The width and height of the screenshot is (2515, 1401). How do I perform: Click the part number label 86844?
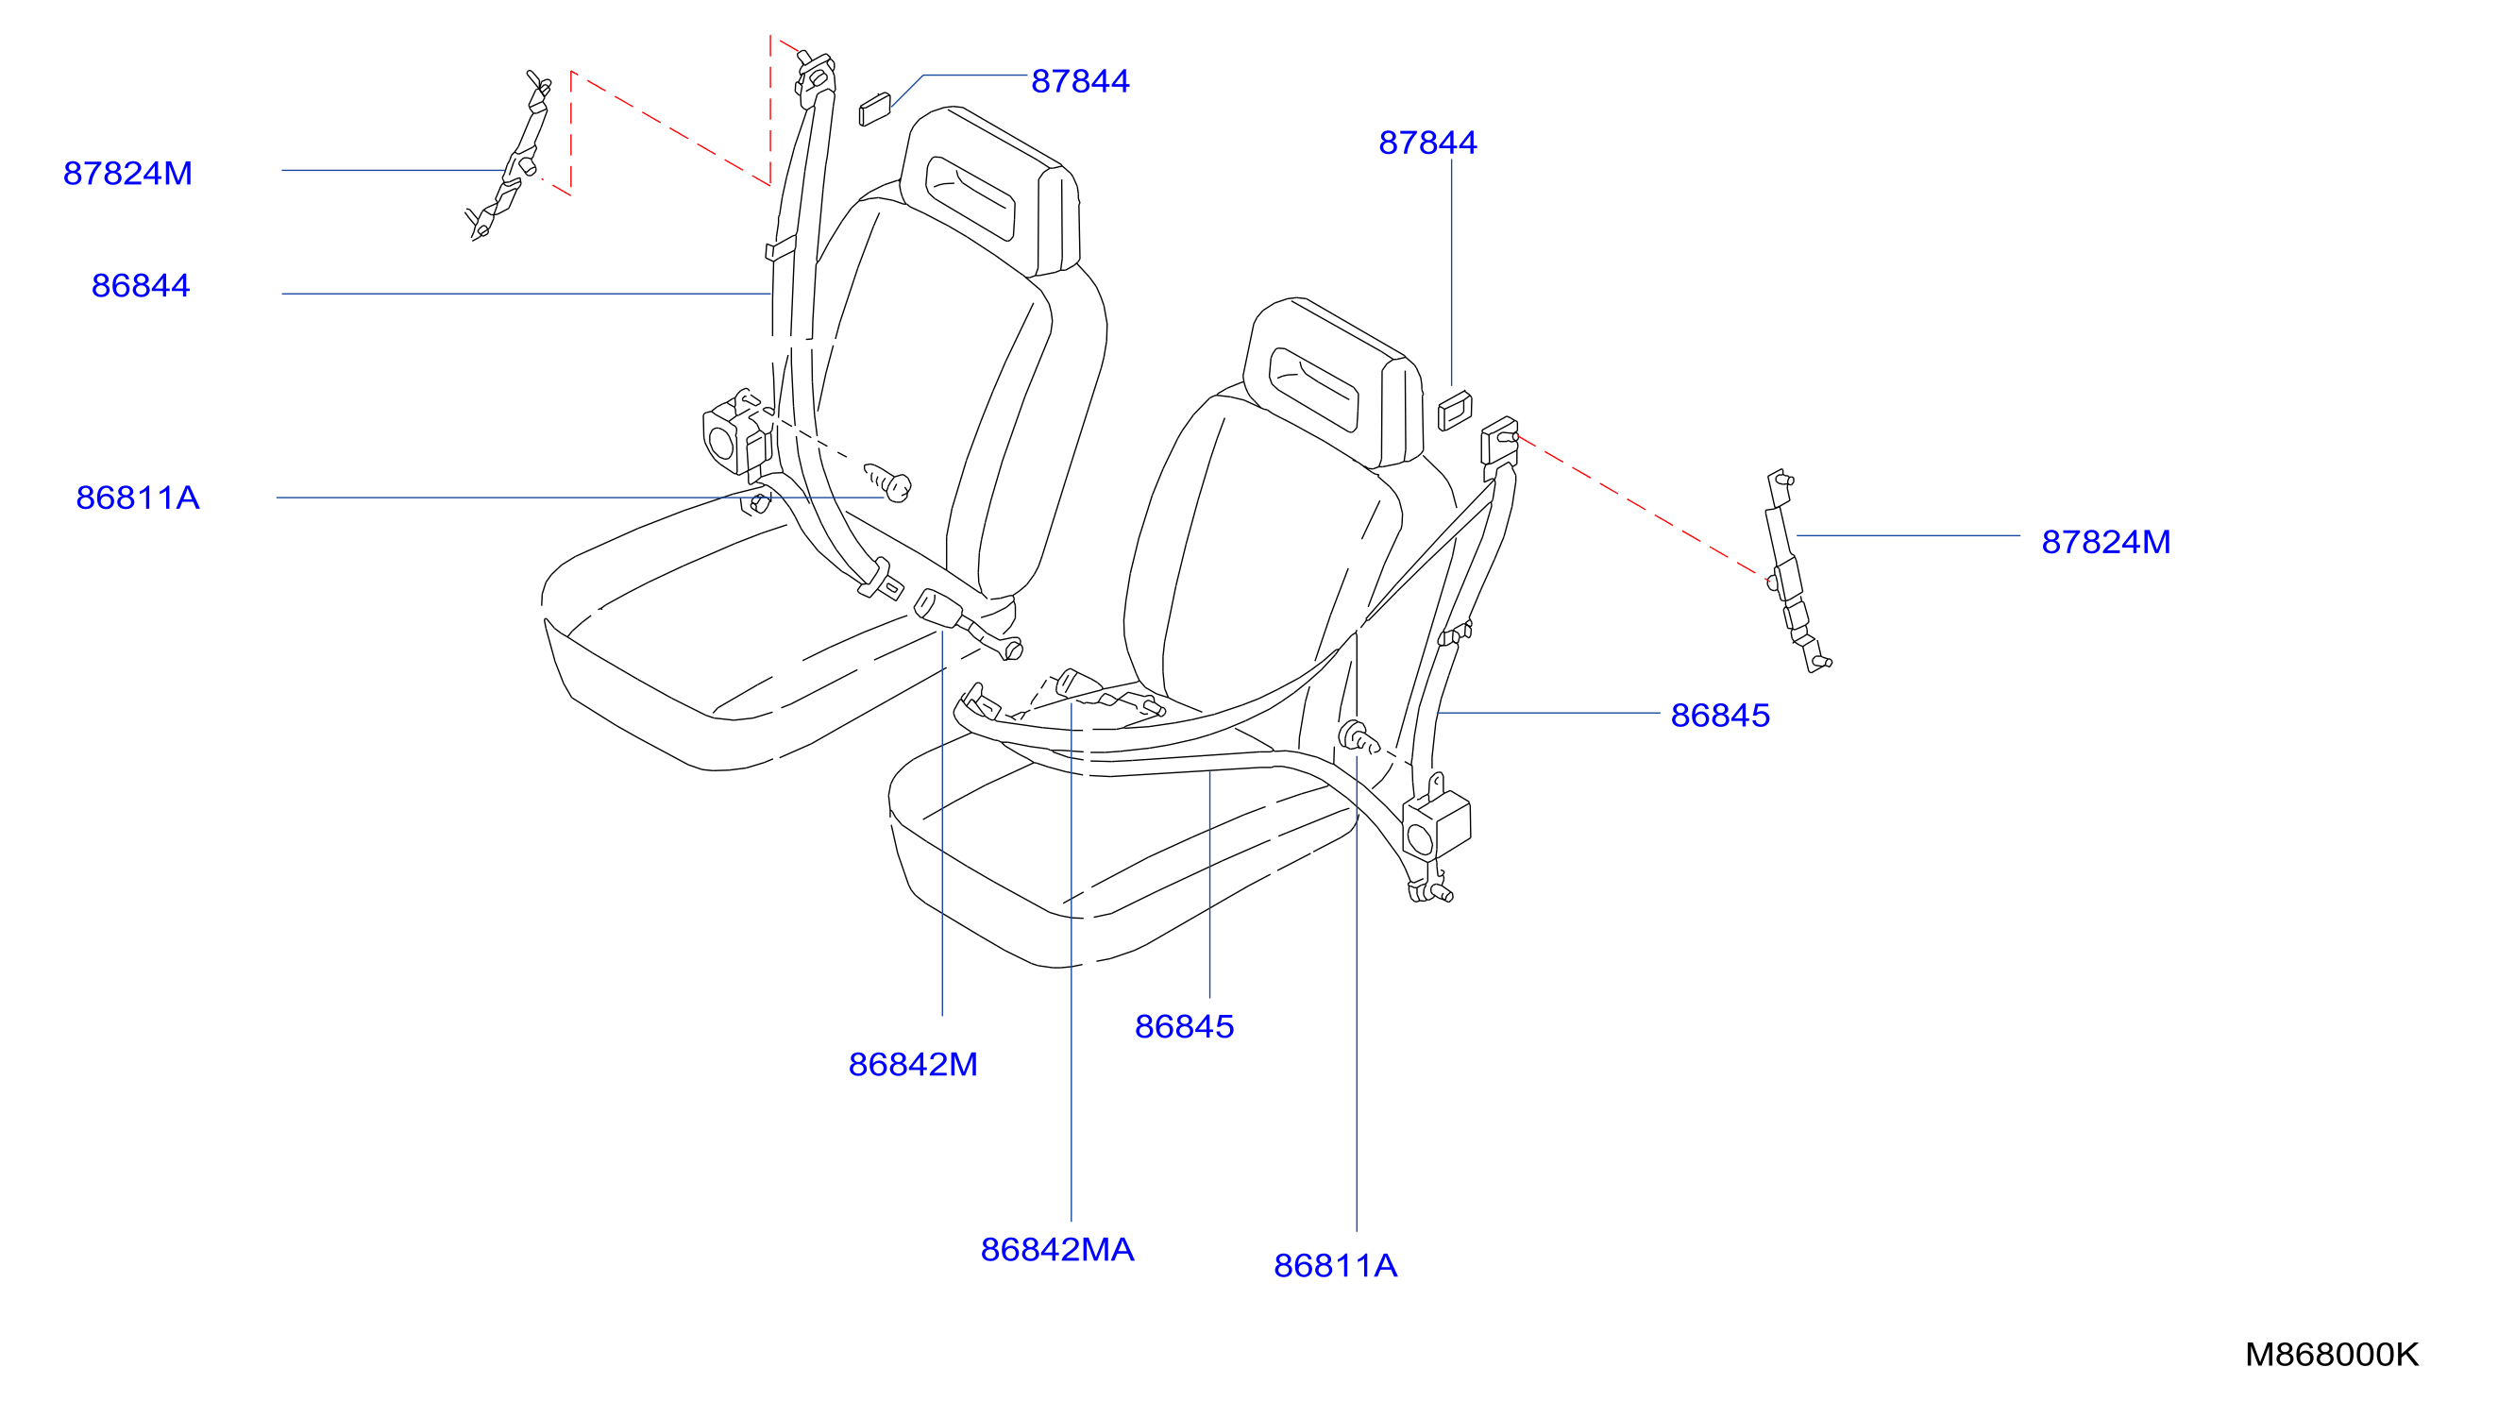pyautogui.click(x=141, y=286)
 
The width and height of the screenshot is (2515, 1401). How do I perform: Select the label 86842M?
pyautogui.click(x=913, y=1064)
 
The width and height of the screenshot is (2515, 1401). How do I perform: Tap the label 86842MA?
pyautogui.click(x=1057, y=1250)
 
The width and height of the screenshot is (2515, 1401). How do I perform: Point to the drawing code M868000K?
pyautogui.click(x=2332, y=1354)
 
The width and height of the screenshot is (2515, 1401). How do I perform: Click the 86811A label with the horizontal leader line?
pyautogui.click(x=138, y=498)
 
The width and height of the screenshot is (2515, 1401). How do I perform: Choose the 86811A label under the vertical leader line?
pyautogui.click(x=1336, y=1265)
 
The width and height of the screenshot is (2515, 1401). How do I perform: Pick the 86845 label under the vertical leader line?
pyautogui.click(x=1184, y=1026)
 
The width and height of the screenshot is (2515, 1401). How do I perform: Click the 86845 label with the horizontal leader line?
pyautogui.click(x=1720, y=716)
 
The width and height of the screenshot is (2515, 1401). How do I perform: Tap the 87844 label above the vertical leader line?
pyautogui.click(x=1427, y=143)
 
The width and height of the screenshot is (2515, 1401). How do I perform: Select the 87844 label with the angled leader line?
pyautogui.click(x=1080, y=81)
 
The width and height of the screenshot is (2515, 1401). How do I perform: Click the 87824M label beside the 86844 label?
pyautogui.click(x=127, y=174)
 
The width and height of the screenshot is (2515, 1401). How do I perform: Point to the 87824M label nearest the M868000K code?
pyautogui.click(x=2106, y=542)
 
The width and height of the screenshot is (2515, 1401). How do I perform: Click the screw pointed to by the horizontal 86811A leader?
pyautogui.click(x=888, y=482)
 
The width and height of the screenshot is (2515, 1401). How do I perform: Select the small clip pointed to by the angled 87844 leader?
pyautogui.click(x=875, y=109)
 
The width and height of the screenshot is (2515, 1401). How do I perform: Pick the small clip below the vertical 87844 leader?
pyautogui.click(x=1455, y=410)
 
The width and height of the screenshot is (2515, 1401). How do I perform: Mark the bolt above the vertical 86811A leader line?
pyautogui.click(x=1357, y=737)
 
